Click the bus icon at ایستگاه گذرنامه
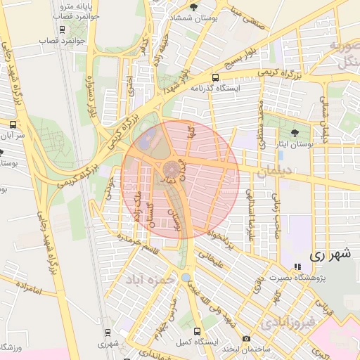(x=215, y=78)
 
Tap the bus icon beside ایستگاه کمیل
(x=197, y=330)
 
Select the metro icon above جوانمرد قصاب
(x=63, y=30)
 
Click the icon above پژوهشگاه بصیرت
(x=297, y=267)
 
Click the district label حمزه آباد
(x=150, y=279)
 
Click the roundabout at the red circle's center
(x=172, y=171)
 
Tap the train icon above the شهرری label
(x=108, y=332)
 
